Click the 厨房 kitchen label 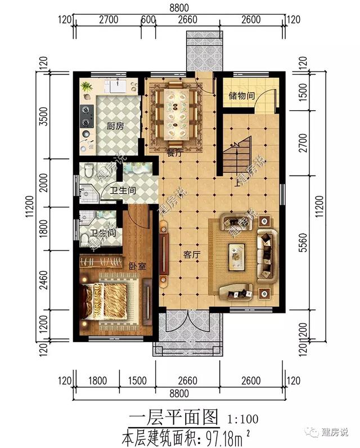[115, 126]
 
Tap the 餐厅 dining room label [174, 153]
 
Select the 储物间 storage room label [241, 96]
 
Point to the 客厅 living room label [192, 254]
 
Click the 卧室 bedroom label [137, 266]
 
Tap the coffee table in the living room [237, 257]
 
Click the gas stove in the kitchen [87, 117]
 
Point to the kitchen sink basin [118, 86]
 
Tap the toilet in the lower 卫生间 [84, 239]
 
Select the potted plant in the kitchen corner [86, 87]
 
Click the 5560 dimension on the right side [304, 243]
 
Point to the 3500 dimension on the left [44, 117]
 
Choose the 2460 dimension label [44, 280]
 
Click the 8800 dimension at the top [179, 7]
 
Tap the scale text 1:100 [243, 419]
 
